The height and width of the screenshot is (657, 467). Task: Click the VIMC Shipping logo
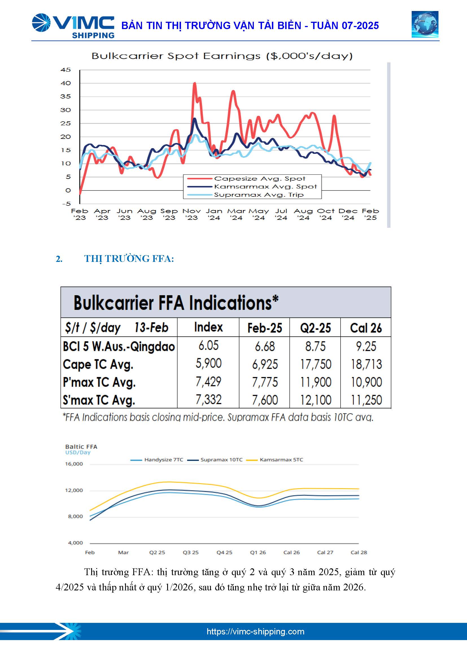pyautogui.click(x=73, y=26)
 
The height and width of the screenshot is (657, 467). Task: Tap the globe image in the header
pyautogui.click(x=425, y=25)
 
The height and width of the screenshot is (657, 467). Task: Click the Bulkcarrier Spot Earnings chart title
pyautogui.click(x=222, y=56)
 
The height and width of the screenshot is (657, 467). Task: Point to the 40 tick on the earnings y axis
pyautogui.click(x=66, y=83)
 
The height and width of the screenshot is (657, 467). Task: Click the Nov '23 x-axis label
pyautogui.click(x=191, y=214)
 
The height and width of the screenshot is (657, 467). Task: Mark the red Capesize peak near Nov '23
pyautogui.click(x=195, y=83)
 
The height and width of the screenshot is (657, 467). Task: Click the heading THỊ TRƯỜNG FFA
pyautogui.click(x=129, y=259)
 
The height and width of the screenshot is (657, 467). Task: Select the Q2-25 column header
pyautogui.click(x=315, y=328)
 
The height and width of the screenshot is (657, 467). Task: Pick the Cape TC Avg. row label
pyautogui.click(x=98, y=364)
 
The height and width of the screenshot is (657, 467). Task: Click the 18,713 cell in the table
pyautogui.click(x=366, y=364)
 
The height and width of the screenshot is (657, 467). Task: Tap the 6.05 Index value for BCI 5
pyautogui.click(x=208, y=345)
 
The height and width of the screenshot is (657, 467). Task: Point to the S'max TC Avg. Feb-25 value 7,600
pyautogui.click(x=265, y=400)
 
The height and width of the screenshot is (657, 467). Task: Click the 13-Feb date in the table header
pyautogui.click(x=151, y=327)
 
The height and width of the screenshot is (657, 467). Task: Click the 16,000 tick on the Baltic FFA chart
pyautogui.click(x=74, y=464)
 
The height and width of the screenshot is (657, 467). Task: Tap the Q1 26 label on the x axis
pyautogui.click(x=258, y=552)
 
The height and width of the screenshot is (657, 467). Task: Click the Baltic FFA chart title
pyautogui.click(x=81, y=447)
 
